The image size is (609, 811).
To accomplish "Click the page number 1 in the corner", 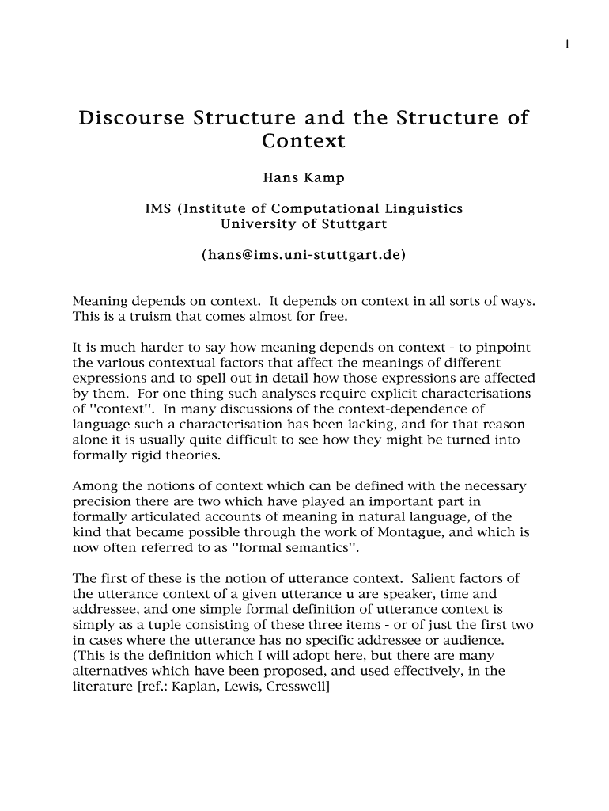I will pos(567,44).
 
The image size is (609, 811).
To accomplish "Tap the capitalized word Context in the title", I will pos(303,142).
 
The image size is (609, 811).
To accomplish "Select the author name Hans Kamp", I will pos(303,178).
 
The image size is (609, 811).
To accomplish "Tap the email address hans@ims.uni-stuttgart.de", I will pos(303,255).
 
